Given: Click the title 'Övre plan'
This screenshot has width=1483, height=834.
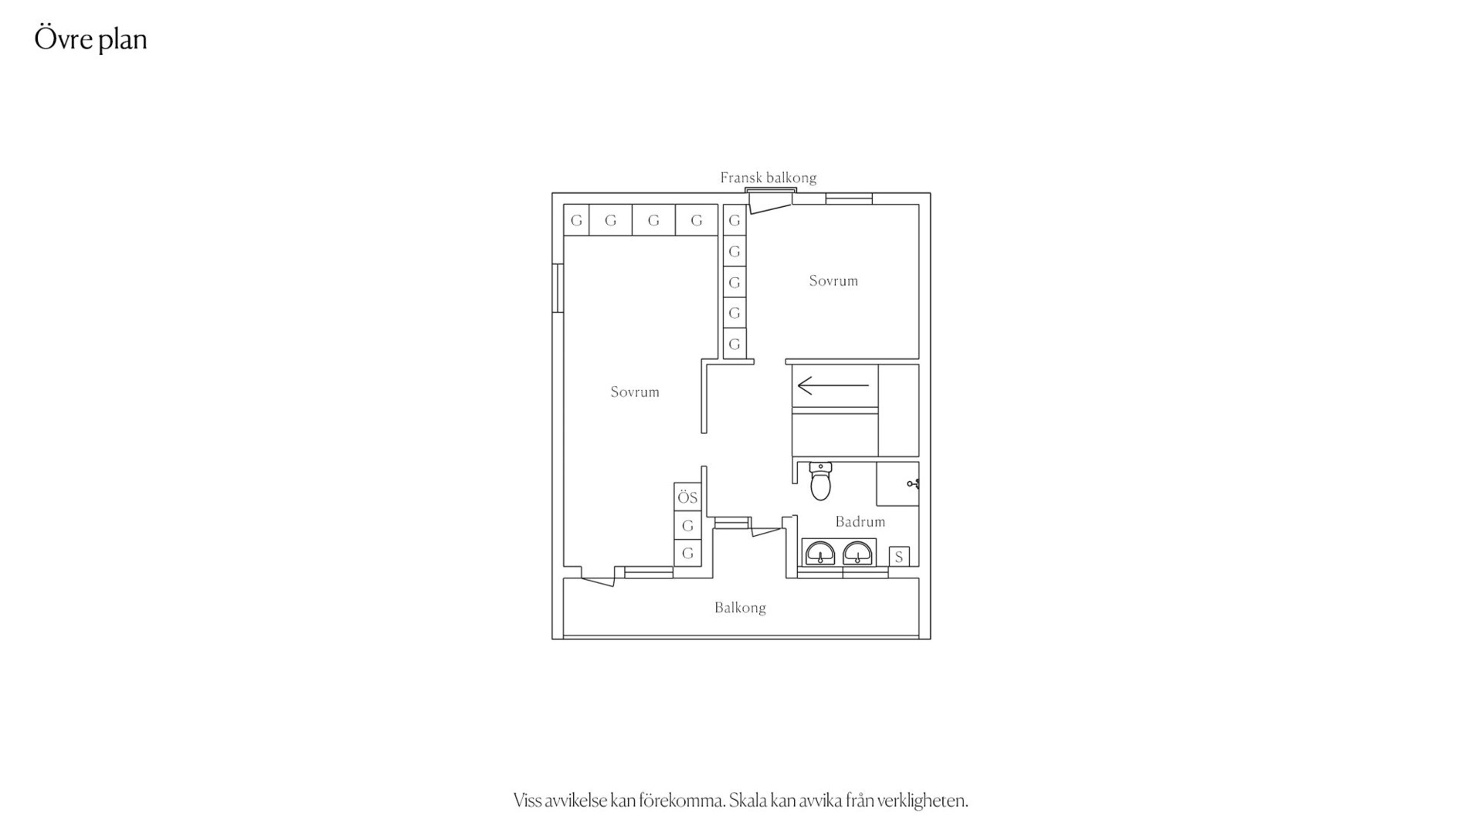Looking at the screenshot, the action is [90, 39].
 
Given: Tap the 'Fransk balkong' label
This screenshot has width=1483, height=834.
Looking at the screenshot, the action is [768, 178].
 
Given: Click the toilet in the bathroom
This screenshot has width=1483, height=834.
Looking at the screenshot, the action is [820, 481].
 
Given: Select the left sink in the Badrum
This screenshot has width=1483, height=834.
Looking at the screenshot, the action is [820, 553].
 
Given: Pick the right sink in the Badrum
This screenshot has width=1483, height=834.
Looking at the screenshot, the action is [857, 553].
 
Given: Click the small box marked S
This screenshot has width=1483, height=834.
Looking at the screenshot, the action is [899, 556].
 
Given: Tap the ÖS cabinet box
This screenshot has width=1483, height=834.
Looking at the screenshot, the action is [687, 497].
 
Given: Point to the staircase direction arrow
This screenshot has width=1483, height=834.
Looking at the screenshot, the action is [833, 385].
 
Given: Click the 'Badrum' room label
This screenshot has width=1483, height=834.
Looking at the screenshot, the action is [860, 522].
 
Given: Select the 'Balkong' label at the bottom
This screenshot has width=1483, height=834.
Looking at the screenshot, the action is [740, 608].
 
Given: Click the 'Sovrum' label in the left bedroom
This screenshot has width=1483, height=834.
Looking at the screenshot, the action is [635, 392].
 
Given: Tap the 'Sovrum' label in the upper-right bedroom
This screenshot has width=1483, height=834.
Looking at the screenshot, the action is [833, 280].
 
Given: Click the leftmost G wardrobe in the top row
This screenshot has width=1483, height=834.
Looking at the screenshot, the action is [576, 220].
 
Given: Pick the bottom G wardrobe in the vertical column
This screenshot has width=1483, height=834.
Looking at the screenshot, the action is [735, 344].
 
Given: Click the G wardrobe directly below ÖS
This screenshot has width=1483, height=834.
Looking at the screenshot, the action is [687, 526].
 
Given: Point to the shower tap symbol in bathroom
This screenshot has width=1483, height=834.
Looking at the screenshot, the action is [913, 484].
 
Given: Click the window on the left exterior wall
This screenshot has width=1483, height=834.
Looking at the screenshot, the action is [558, 288].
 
